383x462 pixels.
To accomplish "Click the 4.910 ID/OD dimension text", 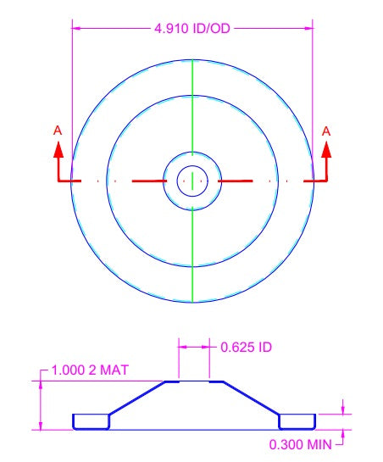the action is pyautogui.click(x=192, y=29).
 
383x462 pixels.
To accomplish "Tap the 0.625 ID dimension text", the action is pyautogui.click(x=246, y=347).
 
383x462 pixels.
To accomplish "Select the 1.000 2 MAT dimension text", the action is pyautogui.click(x=90, y=370).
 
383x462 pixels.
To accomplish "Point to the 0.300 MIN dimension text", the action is pyautogui.click(x=301, y=444).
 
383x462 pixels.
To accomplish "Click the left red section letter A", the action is pyautogui.click(x=58, y=131).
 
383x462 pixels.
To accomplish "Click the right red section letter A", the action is pyautogui.click(x=326, y=131).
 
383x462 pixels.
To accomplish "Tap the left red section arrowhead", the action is pyautogui.click(x=58, y=149).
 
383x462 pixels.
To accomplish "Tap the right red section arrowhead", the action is pyautogui.click(x=326, y=149).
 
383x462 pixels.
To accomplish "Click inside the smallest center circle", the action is pyautogui.click(x=192, y=181).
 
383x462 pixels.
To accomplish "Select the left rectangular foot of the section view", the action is pyautogui.click(x=92, y=421).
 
